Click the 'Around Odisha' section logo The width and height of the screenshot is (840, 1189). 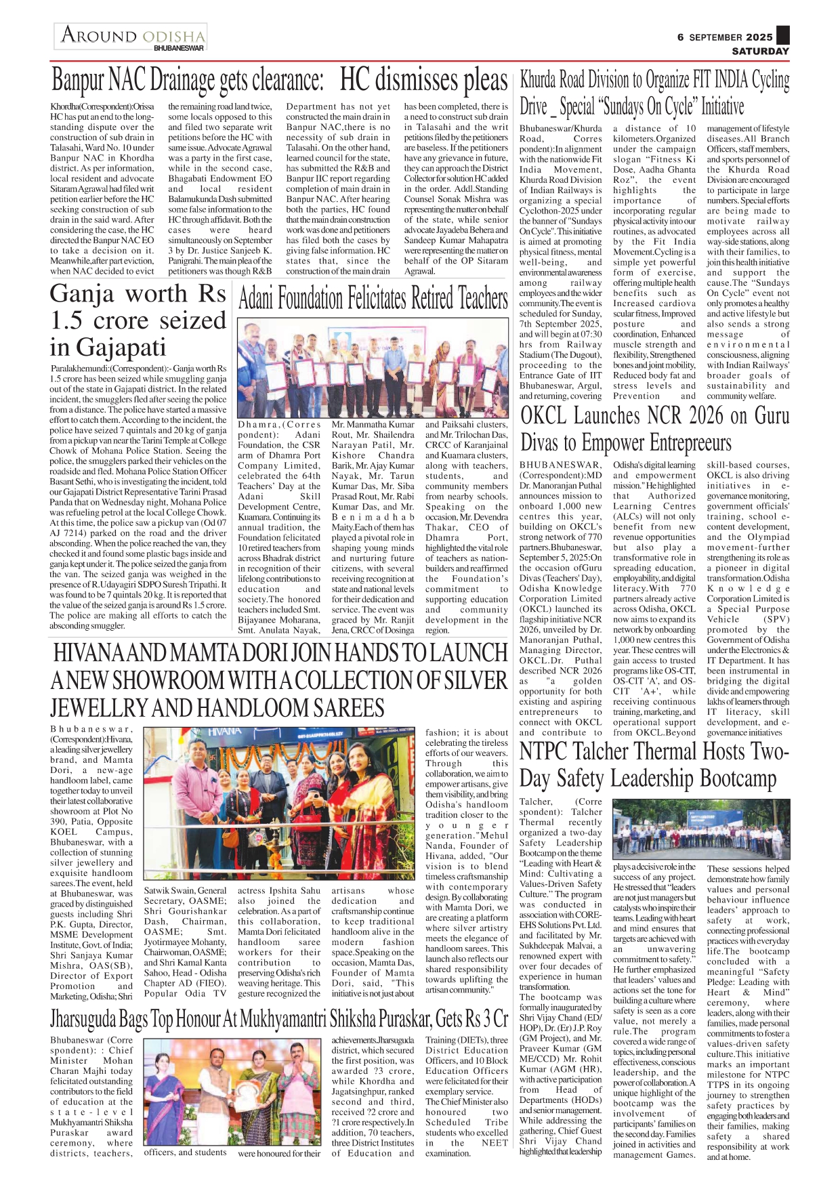tap(132, 35)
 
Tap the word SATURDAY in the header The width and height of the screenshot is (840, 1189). tap(760, 51)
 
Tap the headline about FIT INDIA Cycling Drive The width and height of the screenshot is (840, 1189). tap(654, 93)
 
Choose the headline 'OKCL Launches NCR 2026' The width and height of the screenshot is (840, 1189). tap(654, 428)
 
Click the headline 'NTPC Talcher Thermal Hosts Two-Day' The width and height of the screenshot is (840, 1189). tap(654, 764)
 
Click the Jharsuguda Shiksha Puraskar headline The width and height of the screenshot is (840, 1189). tap(278, 1019)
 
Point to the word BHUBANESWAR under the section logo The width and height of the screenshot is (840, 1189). tap(179, 48)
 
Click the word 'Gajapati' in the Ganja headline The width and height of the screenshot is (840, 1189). tap(108, 347)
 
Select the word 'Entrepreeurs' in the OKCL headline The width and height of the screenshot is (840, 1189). tap(690, 442)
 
